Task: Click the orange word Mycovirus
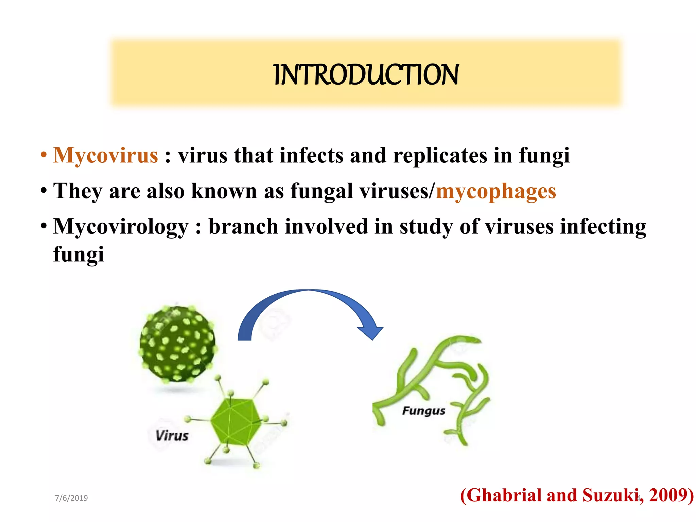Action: pyautogui.click(x=106, y=156)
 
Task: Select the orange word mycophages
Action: pyautogui.click(x=496, y=191)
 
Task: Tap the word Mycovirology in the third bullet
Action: pyautogui.click(x=121, y=227)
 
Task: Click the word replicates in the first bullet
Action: pyautogui.click(x=440, y=156)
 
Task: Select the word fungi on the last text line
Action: pyautogui.click(x=79, y=254)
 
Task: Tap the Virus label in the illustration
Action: pyautogui.click(x=172, y=436)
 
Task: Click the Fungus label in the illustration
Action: pyautogui.click(x=423, y=411)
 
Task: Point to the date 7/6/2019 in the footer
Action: pyautogui.click(x=71, y=498)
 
